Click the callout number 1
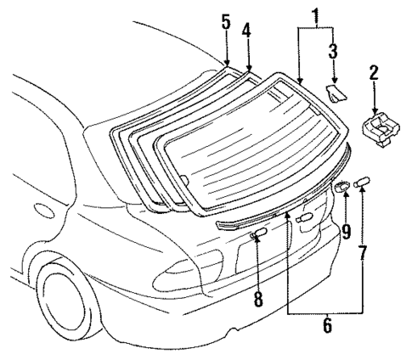[315, 14]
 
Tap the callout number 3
[334, 49]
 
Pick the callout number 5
[226, 21]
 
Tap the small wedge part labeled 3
[336, 92]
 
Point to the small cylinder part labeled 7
[363, 182]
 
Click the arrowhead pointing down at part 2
[376, 107]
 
